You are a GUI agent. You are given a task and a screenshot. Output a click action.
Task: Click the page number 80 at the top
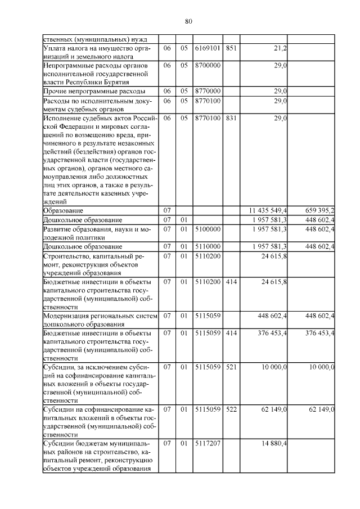188,21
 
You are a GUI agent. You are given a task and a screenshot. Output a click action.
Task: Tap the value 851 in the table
231,49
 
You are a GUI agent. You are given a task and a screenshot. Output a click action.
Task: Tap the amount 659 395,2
316,210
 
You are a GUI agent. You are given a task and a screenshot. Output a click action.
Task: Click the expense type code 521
231,367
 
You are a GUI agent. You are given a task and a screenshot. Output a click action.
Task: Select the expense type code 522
231,409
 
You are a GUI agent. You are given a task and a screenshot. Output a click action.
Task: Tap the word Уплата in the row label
55,49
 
